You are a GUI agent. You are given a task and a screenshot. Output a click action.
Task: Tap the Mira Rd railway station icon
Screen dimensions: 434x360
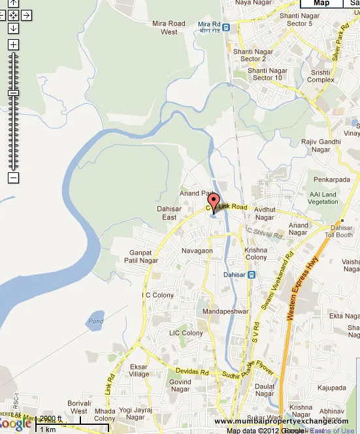[x=225, y=27]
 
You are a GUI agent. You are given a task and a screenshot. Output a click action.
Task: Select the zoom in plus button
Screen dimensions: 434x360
[x=14, y=45]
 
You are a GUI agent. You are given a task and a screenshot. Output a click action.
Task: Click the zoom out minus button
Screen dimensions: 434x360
[x=14, y=178]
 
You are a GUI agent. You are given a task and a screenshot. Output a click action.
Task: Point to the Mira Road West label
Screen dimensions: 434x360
[x=169, y=27]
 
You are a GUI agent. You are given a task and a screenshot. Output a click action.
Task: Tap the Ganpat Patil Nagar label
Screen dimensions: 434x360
[x=141, y=256]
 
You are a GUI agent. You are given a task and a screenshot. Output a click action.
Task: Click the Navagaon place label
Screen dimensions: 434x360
[x=197, y=251]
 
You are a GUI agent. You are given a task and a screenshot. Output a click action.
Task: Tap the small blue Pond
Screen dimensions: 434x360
[x=95, y=321]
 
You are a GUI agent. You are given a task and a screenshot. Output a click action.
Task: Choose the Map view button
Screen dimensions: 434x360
[x=321, y=3]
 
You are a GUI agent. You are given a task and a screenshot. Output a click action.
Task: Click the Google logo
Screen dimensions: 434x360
[x=16, y=424]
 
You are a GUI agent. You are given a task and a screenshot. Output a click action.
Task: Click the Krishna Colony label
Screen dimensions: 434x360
[x=255, y=253]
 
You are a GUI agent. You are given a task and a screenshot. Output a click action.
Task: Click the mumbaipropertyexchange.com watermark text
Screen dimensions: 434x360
[x=282, y=421]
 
